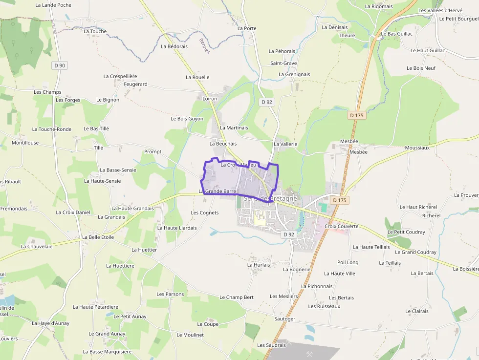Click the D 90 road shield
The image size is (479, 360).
[x=59, y=65]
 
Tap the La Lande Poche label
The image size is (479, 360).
[x=53, y=5]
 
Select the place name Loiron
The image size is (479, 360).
[x=210, y=99]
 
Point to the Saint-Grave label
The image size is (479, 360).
[x=283, y=63]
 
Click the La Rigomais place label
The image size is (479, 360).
[x=379, y=6]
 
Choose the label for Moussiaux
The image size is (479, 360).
[x=417, y=148]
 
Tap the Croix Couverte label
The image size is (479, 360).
[x=342, y=226]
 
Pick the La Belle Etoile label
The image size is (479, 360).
[x=98, y=237]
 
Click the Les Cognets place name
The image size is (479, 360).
[x=205, y=212]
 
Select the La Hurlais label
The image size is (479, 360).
[x=259, y=264]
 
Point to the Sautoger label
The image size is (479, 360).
[x=284, y=319]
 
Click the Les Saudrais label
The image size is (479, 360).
[x=271, y=345]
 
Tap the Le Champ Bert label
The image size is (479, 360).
[x=237, y=297]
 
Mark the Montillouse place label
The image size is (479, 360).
[x=25, y=143]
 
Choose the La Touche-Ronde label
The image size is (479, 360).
[x=52, y=129]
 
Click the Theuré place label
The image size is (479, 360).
[x=347, y=36]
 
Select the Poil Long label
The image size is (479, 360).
[x=348, y=262]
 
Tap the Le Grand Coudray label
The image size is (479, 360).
[x=415, y=252]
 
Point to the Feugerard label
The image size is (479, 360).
[x=135, y=84]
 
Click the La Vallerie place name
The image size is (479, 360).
[x=286, y=144]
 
